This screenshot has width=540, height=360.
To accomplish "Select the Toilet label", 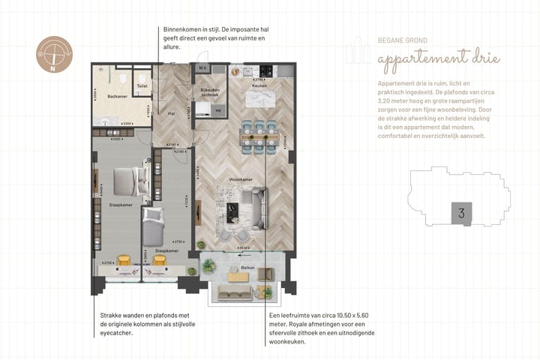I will (142, 86).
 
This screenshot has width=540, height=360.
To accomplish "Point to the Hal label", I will (172, 113).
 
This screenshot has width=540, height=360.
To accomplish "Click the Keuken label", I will (259, 86).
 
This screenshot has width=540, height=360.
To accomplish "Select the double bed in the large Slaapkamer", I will (123, 181).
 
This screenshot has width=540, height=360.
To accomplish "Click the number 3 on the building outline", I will (460, 213).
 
